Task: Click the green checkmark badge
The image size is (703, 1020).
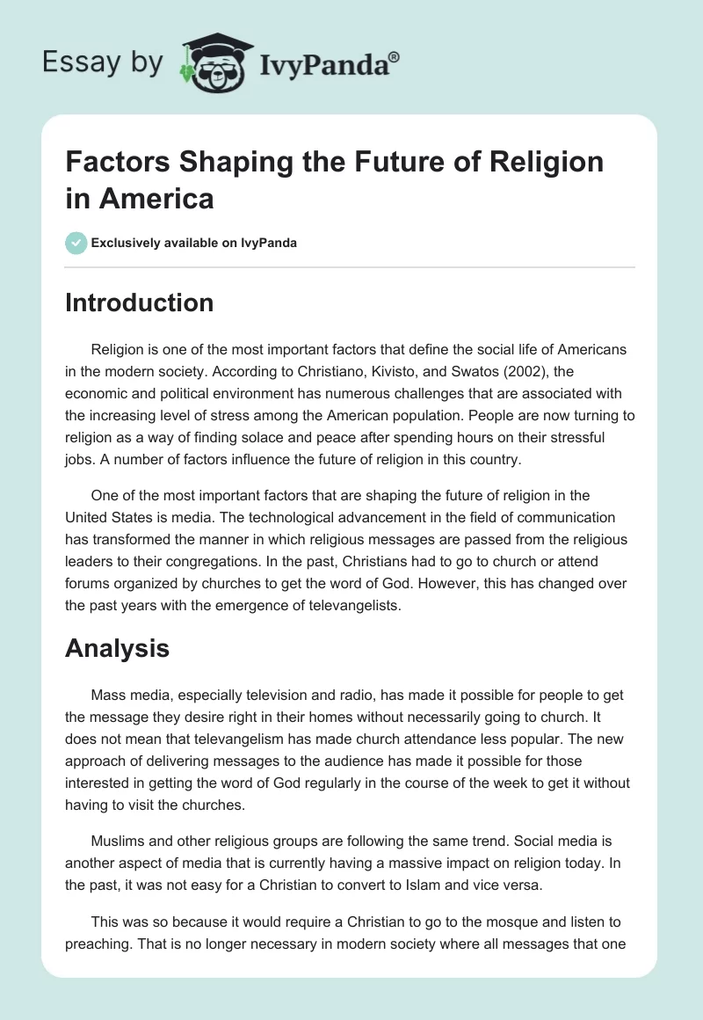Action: [76, 243]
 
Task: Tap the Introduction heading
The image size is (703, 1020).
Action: [140, 302]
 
